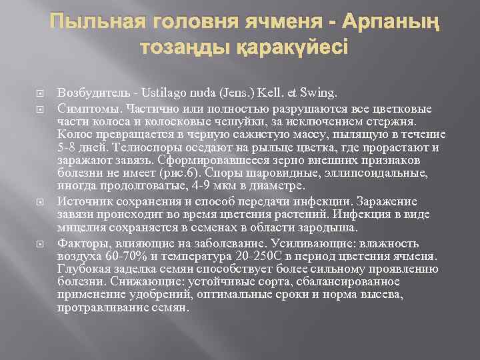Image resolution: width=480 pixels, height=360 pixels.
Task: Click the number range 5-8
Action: (x=69, y=148)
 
